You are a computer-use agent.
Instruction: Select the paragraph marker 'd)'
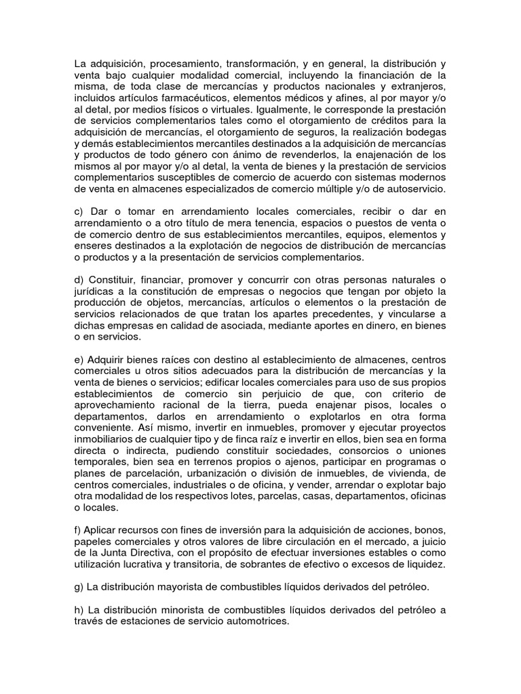(x=80, y=281)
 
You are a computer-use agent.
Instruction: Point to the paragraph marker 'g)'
(x=80, y=588)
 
